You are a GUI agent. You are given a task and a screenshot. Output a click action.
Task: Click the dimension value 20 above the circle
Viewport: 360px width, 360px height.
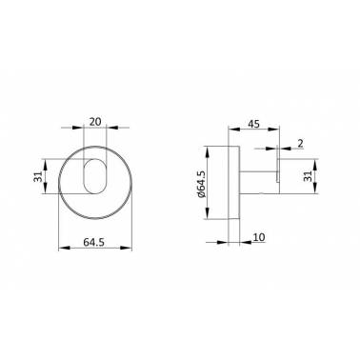coord(95,122)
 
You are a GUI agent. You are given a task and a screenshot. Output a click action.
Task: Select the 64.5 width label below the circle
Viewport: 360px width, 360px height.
coord(93,243)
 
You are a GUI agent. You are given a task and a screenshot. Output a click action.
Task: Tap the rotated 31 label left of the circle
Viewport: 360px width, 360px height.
coord(38,176)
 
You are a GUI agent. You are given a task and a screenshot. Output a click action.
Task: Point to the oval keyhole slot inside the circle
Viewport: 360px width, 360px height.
coord(95,175)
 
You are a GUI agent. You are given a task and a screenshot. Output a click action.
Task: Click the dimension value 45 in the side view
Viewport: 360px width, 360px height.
coord(253,124)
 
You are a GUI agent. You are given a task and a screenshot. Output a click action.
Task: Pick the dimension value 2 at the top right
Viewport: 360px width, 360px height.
coord(300,144)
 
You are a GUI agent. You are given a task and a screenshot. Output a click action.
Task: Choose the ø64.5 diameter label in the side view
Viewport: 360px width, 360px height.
coord(202,185)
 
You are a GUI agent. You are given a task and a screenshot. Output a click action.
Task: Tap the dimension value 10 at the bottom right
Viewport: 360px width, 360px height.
coord(259,237)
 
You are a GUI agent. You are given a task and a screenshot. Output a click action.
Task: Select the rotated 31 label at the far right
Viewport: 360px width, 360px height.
coord(307,176)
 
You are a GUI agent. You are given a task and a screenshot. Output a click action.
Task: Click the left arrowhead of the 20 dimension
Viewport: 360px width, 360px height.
coord(78,128)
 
